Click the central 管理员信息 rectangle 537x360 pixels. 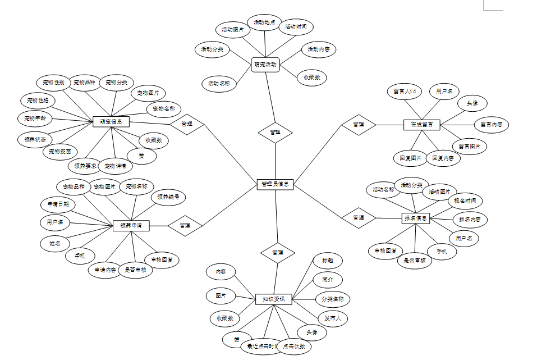[275, 184]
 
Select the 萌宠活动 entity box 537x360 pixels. [265, 65]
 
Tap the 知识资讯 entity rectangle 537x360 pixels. [274, 299]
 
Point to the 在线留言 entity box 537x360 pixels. [421, 124]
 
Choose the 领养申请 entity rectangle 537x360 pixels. [131, 226]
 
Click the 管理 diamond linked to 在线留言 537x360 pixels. [359, 124]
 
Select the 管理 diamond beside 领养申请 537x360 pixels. [185, 226]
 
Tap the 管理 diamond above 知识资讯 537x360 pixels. [277, 252]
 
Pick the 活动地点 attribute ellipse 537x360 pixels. [264, 22]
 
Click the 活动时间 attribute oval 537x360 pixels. [296, 27]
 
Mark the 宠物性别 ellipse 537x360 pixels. [53, 83]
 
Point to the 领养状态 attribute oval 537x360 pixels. [35, 139]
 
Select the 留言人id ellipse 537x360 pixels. [404, 91]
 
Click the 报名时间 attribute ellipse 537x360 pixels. [465, 200]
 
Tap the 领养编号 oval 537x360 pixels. [168, 197]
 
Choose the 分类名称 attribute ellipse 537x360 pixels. [333, 299]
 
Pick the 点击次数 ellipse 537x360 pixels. [295, 347]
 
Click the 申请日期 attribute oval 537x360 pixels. [58, 204]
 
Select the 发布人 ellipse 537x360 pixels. [333, 318]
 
